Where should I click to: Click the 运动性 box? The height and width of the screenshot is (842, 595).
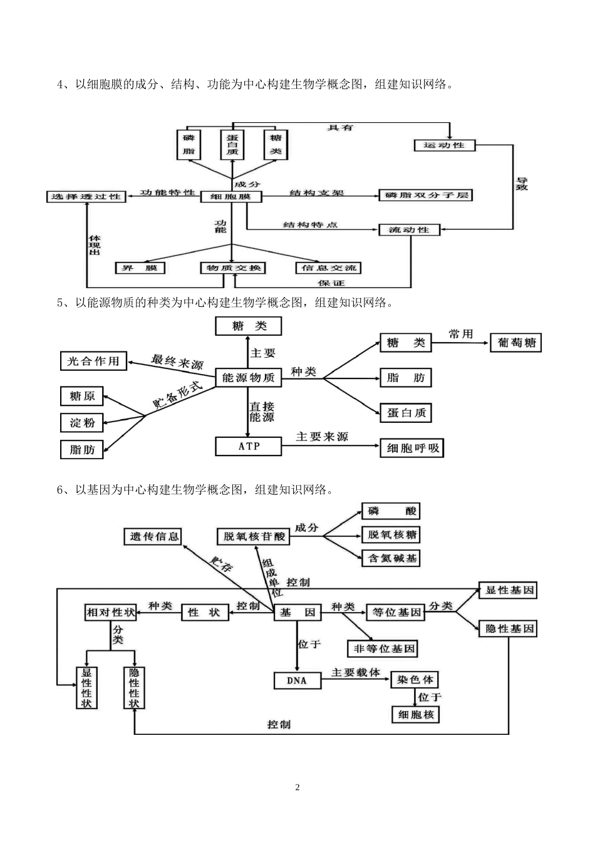[445, 145]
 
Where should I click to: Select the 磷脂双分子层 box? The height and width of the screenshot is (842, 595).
[426, 195]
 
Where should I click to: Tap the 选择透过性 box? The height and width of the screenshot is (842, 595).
[86, 197]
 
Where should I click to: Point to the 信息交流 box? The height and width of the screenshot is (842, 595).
[328, 268]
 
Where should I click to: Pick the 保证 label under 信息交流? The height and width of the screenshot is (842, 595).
[331, 283]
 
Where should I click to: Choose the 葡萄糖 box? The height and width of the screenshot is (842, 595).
[515, 343]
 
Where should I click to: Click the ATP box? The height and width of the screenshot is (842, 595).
[249, 446]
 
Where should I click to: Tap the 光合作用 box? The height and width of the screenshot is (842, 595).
[93, 361]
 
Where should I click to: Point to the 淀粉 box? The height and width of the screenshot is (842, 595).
[82, 423]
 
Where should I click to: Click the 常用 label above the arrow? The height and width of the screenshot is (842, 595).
[460, 334]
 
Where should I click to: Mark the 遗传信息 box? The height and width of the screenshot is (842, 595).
[154, 536]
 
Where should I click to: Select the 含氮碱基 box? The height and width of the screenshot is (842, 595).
[391, 558]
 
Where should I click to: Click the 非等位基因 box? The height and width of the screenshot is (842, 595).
[382, 648]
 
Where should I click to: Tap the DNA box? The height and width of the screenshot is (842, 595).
[297, 680]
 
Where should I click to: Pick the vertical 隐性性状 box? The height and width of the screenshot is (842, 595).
[134, 687]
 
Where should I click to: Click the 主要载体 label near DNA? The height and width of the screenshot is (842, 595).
[355, 672]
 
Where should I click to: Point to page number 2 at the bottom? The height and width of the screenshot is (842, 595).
[297, 787]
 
